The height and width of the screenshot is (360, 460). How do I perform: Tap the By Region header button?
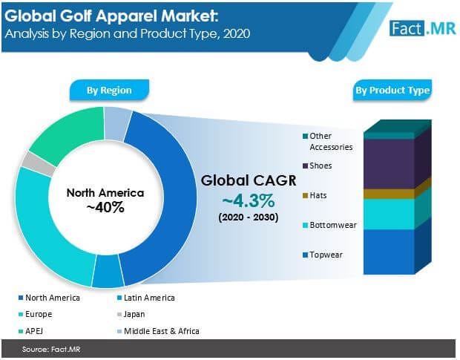tap(109, 91)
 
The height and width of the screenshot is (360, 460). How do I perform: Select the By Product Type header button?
tap(392, 91)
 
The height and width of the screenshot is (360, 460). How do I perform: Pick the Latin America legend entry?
tap(148, 298)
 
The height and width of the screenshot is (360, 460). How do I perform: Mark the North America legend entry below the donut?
tap(51, 298)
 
